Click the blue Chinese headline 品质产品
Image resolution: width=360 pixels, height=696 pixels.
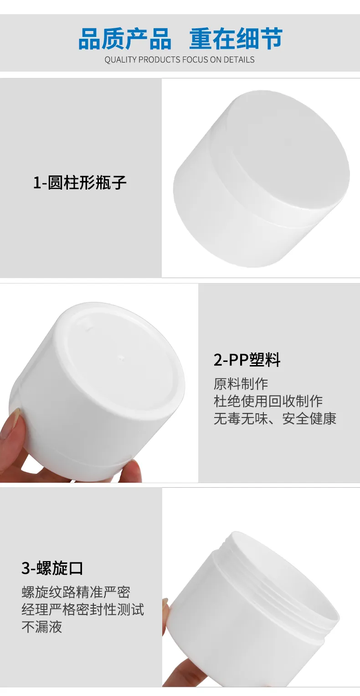[x=124, y=39]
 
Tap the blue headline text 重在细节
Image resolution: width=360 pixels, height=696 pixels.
[x=236, y=39]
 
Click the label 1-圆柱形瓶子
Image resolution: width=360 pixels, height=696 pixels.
[x=80, y=182]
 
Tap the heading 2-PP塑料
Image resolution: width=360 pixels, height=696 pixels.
[x=247, y=360]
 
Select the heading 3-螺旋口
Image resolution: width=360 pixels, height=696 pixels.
[x=52, y=568]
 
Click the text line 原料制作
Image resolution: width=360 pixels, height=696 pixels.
[x=241, y=384]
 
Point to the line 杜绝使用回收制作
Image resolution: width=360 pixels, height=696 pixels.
[x=268, y=401]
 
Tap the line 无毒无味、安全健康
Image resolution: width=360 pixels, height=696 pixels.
[x=275, y=418]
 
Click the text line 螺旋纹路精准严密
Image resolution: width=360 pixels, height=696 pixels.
[x=76, y=592]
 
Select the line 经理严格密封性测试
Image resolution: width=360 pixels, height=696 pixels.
[x=82, y=609]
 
